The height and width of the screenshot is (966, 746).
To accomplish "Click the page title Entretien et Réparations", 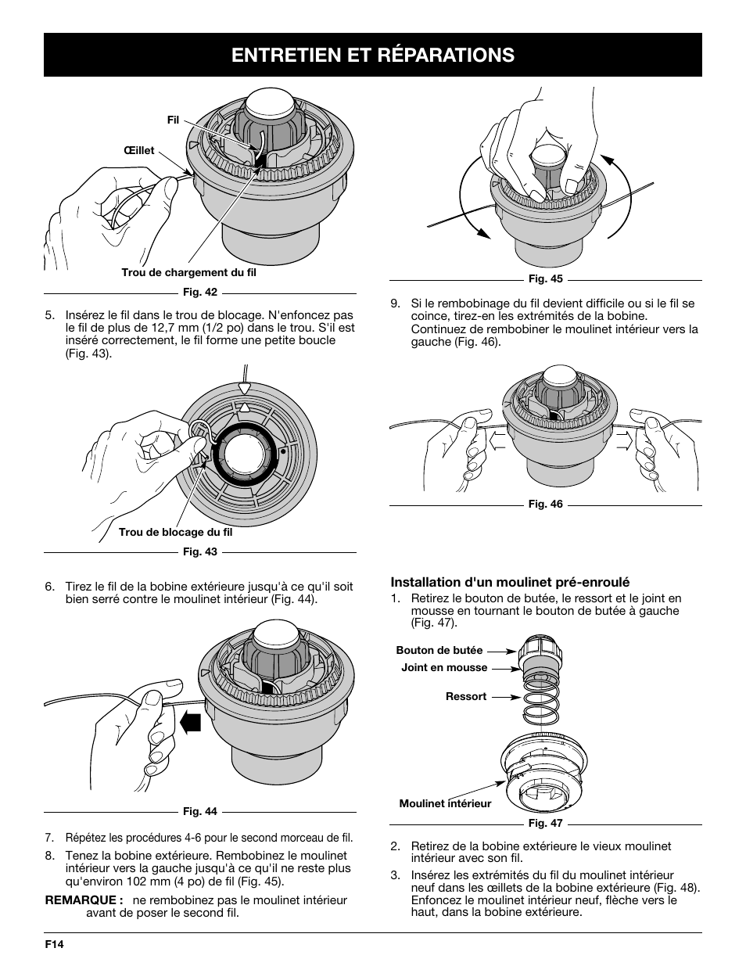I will coord(372,55).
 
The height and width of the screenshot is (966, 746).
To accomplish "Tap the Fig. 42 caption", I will coord(200,293).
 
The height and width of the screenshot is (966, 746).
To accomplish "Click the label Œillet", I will coord(138,150).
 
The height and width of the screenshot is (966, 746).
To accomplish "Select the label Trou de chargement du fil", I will coord(188,272).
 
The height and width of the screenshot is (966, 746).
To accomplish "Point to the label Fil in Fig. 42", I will coord(173,120).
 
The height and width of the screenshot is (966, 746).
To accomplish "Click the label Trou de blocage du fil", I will coord(175,532).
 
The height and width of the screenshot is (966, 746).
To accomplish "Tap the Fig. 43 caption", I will coord(200,551).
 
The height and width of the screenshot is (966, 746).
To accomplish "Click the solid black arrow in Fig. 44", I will coord(189,720).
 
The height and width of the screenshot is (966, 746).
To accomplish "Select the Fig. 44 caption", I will coord(200,811).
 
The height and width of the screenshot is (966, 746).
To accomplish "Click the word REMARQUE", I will coord(84,900).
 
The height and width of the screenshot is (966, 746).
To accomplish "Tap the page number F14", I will coord(53,944).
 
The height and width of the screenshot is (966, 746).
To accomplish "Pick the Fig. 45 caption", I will coord(545,279).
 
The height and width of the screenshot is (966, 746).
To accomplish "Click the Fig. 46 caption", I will coord(545,505).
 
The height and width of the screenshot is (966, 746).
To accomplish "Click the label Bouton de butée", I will coord(439,650).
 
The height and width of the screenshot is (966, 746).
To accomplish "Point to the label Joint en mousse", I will coord(443,667).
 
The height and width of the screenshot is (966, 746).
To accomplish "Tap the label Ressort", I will coord(465,696).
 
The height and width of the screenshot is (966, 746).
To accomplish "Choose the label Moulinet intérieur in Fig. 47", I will coord(445,803).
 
